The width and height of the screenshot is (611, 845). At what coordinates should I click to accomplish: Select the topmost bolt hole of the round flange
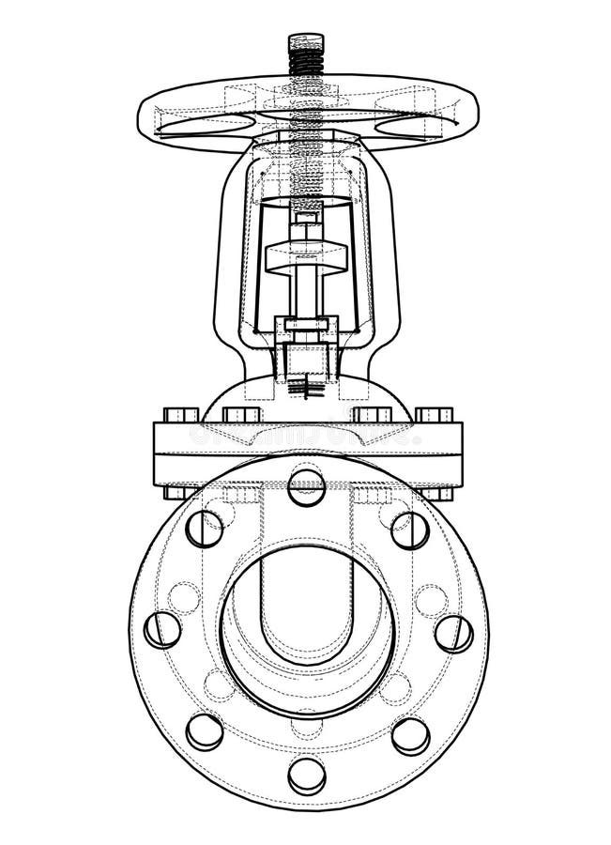307,487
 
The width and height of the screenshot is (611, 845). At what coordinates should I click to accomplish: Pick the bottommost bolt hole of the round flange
307,775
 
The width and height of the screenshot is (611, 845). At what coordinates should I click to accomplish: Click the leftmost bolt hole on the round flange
162,629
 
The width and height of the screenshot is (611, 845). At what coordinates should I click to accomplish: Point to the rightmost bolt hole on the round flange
454,634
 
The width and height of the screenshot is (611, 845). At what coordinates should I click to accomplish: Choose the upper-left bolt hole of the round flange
205,529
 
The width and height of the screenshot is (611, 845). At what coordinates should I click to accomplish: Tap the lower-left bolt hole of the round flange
205,731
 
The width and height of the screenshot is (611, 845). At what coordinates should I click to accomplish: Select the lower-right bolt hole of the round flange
410,736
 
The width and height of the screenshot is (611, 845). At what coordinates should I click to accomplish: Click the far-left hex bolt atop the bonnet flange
180,414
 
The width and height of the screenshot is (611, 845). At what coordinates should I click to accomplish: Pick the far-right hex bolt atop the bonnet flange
434,414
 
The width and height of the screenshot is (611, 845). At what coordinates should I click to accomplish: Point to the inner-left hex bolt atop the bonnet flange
242,414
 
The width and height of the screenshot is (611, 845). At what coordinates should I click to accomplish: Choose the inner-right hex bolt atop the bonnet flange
373,414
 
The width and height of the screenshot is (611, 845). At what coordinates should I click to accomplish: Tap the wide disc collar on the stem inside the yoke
305,257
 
